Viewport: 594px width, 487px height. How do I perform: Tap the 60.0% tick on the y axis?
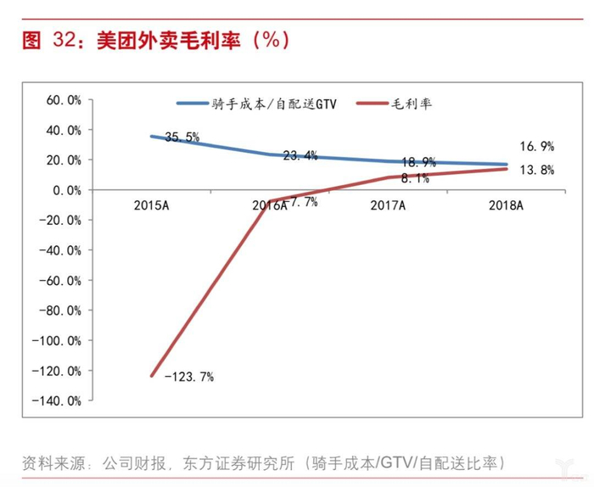pos(64,100)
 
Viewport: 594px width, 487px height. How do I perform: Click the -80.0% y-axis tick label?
pos(62,311)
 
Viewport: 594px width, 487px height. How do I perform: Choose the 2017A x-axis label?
pos(389,205)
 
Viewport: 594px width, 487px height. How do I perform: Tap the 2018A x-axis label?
pos(507,205)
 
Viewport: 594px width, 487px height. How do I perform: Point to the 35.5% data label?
pos(182,137)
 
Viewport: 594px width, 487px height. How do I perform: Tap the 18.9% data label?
pos(418,161)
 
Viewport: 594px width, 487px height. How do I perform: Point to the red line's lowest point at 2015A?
pos(152,376)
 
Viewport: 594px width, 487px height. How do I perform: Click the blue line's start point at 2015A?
pos(151,137)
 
